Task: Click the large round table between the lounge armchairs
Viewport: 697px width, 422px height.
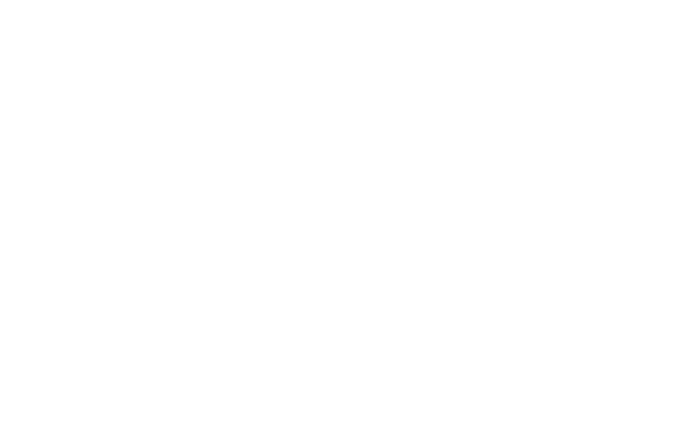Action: (444, 291)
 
